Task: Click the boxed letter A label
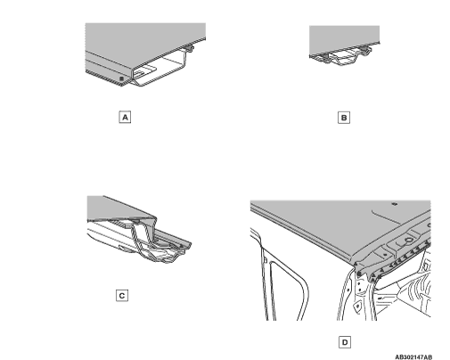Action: pos(125,117)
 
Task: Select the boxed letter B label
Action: pos(344,118)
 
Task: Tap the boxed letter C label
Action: pos(122,296)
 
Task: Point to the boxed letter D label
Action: pos(345,342)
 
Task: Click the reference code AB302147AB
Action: pos(413,357)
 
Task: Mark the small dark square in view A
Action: pos(121,78)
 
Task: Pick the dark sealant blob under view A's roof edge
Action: pos(189,47)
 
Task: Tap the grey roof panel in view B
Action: pos(344,38)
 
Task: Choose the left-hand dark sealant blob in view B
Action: pos(325,55)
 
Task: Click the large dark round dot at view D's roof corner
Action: pos(358,274)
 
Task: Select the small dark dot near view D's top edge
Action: pos(395,204)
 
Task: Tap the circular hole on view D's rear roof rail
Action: pos(409,240)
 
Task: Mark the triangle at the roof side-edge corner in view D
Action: pos(356,264)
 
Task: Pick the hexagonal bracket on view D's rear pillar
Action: pos(358,306)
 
